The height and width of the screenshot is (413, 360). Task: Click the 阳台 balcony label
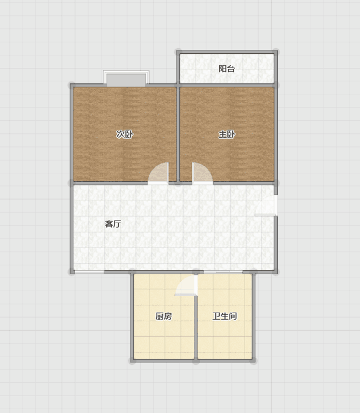pos(227,69)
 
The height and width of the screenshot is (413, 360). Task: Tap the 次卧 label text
pos(125,134)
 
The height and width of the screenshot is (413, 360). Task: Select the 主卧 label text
pos(227,134)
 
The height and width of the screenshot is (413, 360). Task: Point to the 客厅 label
pos(113,224)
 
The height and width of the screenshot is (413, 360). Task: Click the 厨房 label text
pos(163,316)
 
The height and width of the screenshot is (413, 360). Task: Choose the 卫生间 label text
pos(225,316)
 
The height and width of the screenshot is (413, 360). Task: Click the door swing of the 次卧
pos(158,173)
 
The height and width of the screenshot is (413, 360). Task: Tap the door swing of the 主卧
pos(202,173)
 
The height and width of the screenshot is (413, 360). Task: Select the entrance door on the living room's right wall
pos(266,206)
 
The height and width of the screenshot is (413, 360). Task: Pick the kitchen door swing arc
pos(186,285)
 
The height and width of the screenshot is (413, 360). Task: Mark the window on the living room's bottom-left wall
pos(89,272)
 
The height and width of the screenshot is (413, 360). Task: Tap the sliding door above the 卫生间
pos(223,272)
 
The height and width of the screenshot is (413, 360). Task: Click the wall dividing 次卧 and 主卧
pos(178,134)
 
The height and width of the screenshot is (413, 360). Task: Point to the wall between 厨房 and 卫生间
pos(196,327)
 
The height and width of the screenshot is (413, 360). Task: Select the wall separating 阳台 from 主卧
pos(227,86)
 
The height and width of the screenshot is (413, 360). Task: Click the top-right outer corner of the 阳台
pos(276,51)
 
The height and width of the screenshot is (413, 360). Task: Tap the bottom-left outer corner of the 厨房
pos(132,360)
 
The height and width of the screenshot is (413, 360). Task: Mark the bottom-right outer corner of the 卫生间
pos(254,360)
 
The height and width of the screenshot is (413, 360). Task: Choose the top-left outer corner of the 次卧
pos(72,86)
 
